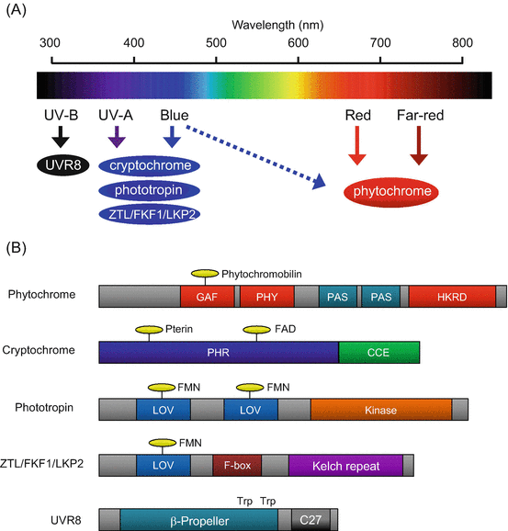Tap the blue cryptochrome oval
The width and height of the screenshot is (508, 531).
point(151,166)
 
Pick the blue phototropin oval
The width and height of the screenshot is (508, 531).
point(151,190)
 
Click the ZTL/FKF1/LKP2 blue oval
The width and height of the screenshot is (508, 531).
point(151,213)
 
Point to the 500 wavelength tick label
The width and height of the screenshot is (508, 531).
point(216,42)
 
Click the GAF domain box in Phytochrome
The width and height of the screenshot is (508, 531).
point(208,297)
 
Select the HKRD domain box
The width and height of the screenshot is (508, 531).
point(452,297)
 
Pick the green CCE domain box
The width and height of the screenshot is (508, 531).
point(379,352)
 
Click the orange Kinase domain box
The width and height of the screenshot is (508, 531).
point(381,409)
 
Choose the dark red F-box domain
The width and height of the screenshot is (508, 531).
point(237,465)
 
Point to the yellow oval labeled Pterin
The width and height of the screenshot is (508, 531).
point(148,330)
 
